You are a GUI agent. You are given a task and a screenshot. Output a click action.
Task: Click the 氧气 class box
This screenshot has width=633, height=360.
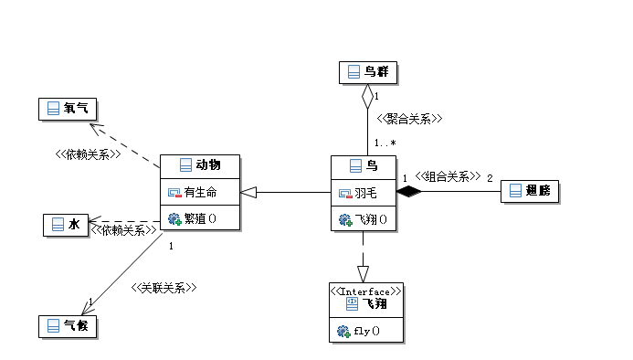click(68, 109)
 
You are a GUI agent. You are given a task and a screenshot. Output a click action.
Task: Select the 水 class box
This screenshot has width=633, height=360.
click(66, 225)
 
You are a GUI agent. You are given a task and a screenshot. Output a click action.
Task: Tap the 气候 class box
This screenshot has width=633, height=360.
click(68, 326)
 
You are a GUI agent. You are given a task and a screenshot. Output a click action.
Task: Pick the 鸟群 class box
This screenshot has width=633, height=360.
click(368, 73)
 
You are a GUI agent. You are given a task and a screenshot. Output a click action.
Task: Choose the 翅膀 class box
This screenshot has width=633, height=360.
click(530, 191)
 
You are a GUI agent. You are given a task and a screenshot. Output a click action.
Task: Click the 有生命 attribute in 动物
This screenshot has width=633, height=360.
click(192, 192)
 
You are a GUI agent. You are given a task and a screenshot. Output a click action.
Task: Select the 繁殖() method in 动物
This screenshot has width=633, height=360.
click(192, 218)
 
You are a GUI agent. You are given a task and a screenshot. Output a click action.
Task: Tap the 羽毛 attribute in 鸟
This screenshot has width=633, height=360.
click(358, 194)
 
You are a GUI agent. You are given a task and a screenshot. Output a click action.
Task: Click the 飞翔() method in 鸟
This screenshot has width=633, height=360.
click(363, 220)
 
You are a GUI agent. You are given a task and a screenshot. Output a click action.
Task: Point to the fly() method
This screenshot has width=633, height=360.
click(358, 332)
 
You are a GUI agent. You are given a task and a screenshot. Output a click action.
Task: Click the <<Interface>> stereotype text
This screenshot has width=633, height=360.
click(365, 291)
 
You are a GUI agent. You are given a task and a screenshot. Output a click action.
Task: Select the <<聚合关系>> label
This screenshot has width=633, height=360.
click(409, 119)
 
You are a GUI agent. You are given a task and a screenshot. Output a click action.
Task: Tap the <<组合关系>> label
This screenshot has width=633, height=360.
click(448, 176)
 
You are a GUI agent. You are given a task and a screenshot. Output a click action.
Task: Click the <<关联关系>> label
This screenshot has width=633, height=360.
click(164, 288)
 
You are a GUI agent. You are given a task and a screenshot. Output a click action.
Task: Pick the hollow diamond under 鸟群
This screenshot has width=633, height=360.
click(367, 96)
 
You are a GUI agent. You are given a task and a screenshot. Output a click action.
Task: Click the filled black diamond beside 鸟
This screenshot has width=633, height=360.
click(409, 192)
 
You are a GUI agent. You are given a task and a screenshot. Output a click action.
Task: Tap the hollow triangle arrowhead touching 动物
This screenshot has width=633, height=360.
click(248, 192)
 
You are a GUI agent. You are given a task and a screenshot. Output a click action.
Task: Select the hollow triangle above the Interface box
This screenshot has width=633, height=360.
click(363, 274)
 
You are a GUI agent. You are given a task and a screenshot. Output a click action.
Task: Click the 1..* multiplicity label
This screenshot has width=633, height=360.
click(385, 143)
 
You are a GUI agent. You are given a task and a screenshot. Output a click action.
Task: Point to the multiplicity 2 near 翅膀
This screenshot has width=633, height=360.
click(490, 178)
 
